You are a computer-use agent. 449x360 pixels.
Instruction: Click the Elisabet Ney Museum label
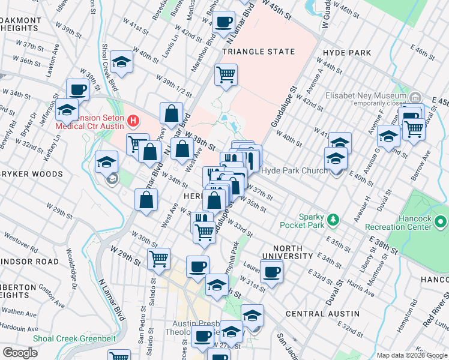click(x=367, y=96)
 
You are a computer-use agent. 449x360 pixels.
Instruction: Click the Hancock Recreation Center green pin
click(x=441, y=223)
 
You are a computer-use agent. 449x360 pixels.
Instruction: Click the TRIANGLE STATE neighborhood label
click(x=259, y=52)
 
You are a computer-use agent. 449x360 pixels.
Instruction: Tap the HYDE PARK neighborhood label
click(x=346, y=53)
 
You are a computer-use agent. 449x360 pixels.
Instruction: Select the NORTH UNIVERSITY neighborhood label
click(x=292, y=252)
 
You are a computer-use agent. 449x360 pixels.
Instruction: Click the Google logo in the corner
click(x=20, y=353)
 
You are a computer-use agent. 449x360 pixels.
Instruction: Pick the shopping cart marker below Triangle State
click(x=226, y=75)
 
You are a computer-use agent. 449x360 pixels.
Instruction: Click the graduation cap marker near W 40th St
click(x=121, y=62)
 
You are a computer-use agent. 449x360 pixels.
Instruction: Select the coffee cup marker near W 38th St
click(x=77, y=90)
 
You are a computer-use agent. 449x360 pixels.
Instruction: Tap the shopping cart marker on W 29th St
click(x=158, y=259)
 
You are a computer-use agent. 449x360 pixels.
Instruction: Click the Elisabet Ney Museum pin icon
click(x=415, y=97)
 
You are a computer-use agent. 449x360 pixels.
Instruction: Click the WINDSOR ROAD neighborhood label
click(x=30, y=262)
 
